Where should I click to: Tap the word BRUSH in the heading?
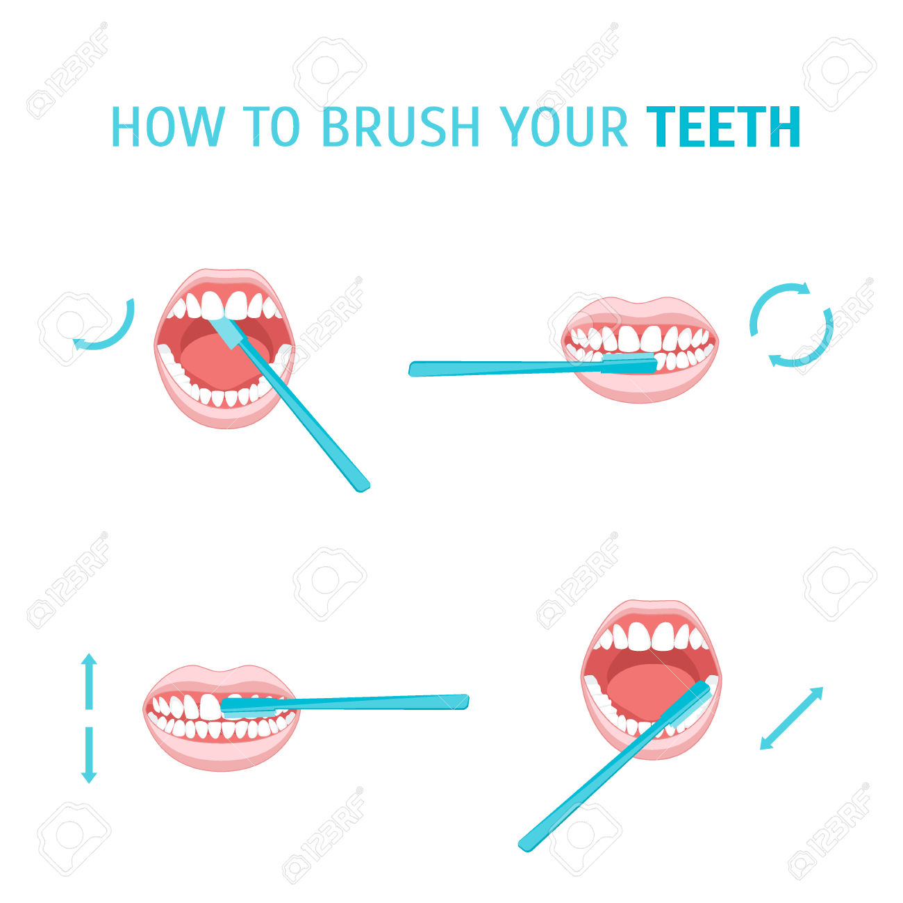[x=401, y=126]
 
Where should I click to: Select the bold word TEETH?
[x=723, y=126]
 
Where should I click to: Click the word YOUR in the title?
[x=563, y=126]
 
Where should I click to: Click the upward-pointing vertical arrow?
[x=89, y=681]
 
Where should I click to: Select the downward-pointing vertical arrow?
[x=89, y=755]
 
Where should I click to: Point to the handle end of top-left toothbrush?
[x=362, y=488]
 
